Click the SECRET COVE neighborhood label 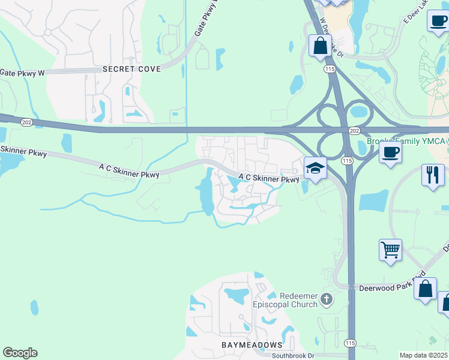tap(132, 69)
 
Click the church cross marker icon tap(326, 299)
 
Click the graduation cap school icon tap(315, 168)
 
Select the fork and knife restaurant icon tap(433, 175)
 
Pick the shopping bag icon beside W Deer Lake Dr tap(320, 45)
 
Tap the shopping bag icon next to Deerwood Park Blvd tap(426, 289)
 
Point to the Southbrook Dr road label tap(293, 356)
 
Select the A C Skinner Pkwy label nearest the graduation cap tap(268, 178)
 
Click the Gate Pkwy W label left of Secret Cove tap(22, 73)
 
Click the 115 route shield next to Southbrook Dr tap(351, 342)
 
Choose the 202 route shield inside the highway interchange tap(354, 130)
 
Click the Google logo tap(20, 353)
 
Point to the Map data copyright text tap(423, 355)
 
